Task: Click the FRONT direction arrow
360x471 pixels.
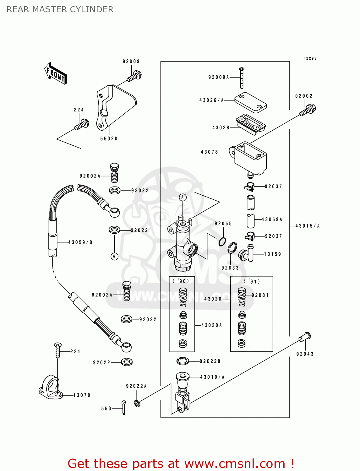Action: [56, 73]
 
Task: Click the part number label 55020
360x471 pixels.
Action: [109, 138]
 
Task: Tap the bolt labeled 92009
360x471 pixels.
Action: [135, 76]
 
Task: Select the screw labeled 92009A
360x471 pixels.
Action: [242, 78]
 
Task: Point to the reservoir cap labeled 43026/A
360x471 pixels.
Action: [250, 102]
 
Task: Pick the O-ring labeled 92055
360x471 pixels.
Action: [222, 241]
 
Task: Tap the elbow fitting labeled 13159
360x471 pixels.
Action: [247, 253]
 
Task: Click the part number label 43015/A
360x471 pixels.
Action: [307, 226]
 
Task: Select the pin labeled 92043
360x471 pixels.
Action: [305, 337]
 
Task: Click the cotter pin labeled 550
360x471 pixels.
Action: [124, 407]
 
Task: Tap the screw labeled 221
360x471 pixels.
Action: [57, 350]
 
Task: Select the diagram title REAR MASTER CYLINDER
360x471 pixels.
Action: [60, 9]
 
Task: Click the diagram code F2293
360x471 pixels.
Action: [310, 58]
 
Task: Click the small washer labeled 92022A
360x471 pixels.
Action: [137, 403]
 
